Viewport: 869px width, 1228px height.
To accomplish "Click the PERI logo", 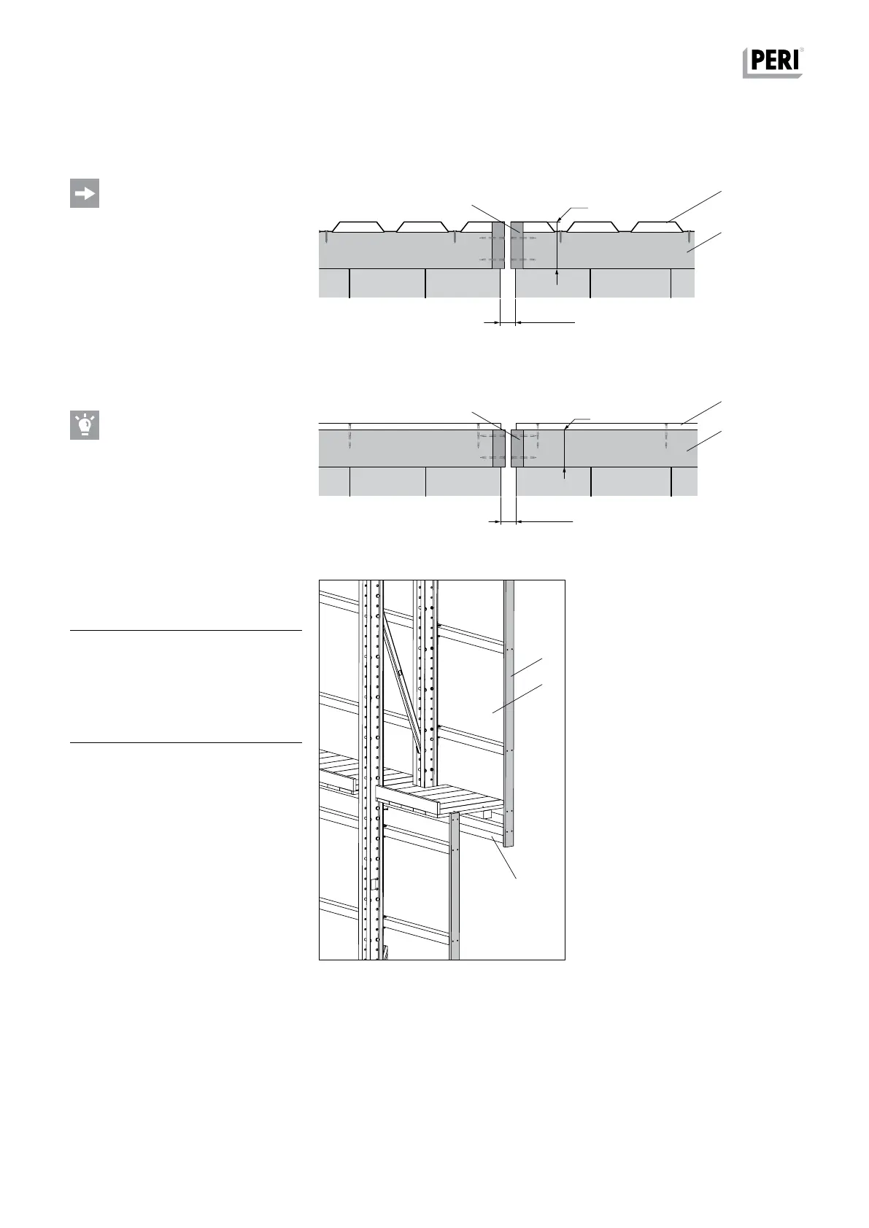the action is point(773,62).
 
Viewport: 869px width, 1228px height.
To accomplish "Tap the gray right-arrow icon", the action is point(85,193).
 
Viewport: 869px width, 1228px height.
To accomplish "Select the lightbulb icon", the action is point(85,425).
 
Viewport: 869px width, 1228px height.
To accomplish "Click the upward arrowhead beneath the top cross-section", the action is point(557,274).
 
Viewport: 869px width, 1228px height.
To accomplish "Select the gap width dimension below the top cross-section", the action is point(508,322).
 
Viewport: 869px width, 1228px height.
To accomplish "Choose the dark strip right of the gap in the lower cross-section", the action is point(517,448).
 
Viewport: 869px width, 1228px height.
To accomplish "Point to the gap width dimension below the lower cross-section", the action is point(509,521).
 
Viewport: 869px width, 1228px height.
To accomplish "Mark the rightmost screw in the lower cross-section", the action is point(667,437).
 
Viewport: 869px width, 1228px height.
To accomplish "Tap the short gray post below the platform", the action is point(454,886).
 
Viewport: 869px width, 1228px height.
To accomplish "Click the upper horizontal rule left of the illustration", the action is point(186,630).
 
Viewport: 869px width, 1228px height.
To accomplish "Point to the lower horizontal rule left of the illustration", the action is point(186,743).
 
